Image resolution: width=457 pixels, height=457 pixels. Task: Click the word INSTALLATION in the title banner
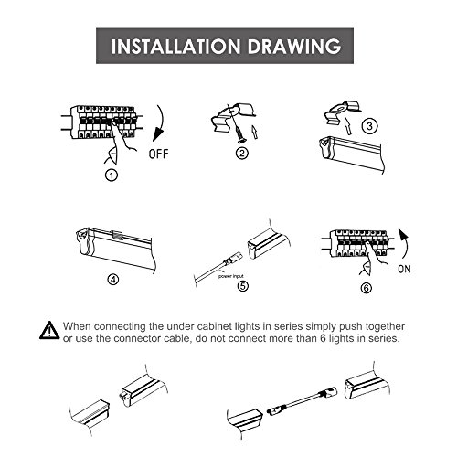pyautogui.click(x=175, y=47)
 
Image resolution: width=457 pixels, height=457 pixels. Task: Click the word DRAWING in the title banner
pyautogui.click(x=293, y=47)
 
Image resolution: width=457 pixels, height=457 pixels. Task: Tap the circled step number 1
pyautogui.click(x=112, y=175)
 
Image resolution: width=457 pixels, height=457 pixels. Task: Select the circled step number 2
pyautogui.click(x=242, y=153)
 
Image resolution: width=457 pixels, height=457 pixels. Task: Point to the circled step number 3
pyautogui.click(x=369, y=126)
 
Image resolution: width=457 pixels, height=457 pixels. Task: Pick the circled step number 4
pyautogui.click(x=113, y=279)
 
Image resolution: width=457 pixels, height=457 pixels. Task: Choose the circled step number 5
pyautogui.click(x=243, y=286)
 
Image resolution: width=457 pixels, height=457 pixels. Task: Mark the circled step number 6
pyautogui.click(x=367, y=288)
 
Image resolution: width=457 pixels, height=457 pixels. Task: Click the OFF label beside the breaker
pyautogui.click(x=158, y=154)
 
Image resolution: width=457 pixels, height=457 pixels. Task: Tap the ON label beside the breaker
pyautogui.click(x=404, y=269)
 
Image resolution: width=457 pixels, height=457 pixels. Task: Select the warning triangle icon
pyautogui.click(x=49, y=330)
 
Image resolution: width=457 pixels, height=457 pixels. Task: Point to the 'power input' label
pyautogui.click(x=231, y=276)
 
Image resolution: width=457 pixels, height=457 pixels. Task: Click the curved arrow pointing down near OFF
pyautogui.click(x=161, y=123)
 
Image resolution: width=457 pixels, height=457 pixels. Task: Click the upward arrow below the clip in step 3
pyautogui.click(x=346, y=126)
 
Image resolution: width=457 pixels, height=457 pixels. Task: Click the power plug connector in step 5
pyautogui.click(x=231, y=259)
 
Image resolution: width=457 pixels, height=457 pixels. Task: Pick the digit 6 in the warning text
pyautogui.click(x=324, y=339)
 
